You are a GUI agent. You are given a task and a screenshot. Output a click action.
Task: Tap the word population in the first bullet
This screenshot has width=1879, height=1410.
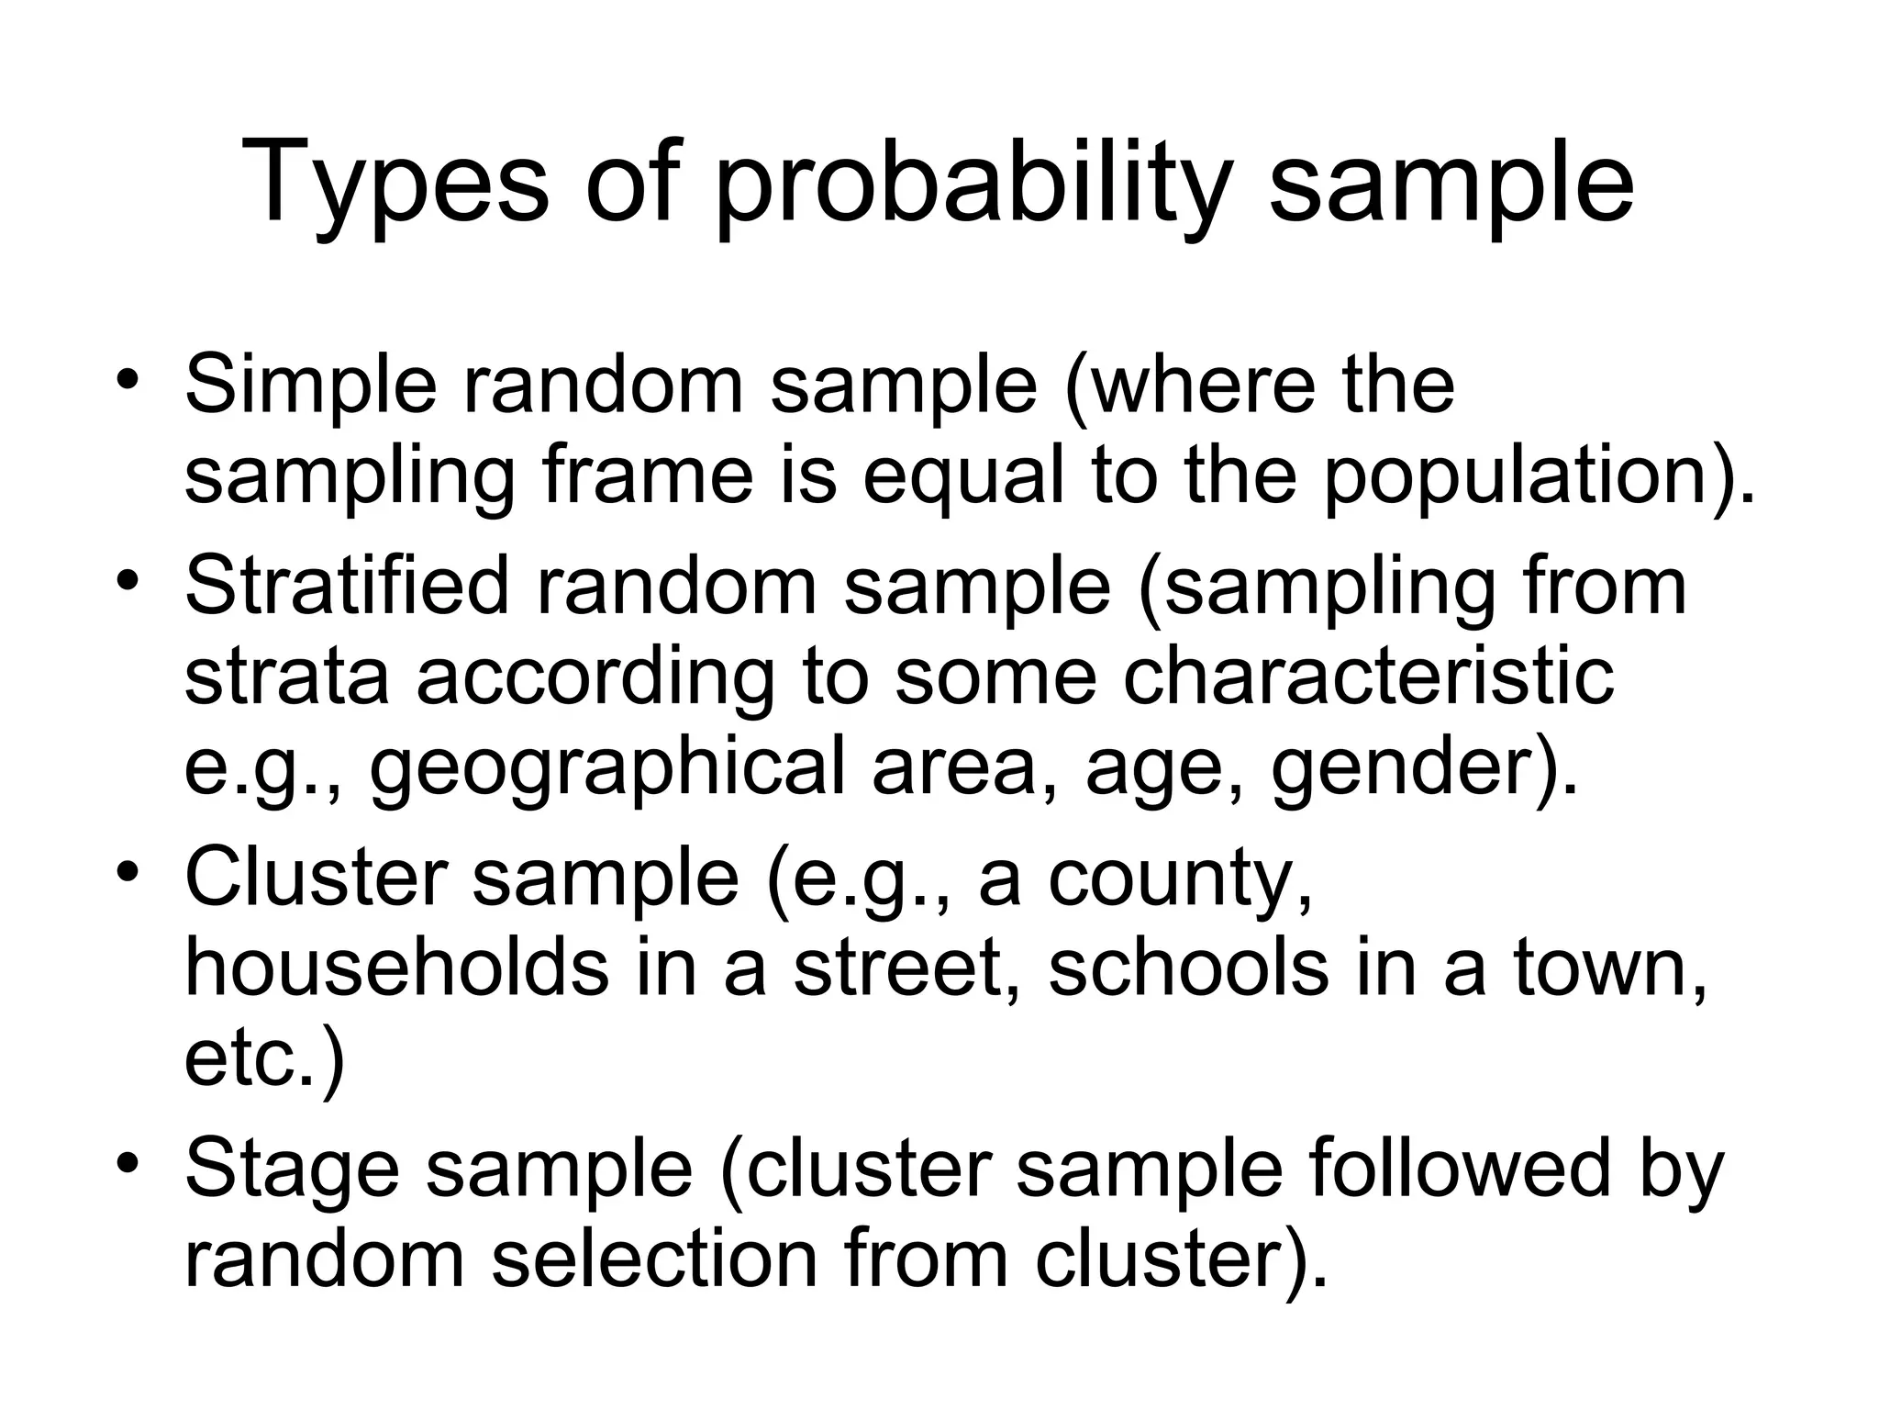(x=1524, y=477)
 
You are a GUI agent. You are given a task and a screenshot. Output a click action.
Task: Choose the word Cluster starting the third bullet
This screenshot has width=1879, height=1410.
(x=317, y=878)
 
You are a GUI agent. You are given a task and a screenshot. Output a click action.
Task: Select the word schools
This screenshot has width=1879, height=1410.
(x=1187, y=968)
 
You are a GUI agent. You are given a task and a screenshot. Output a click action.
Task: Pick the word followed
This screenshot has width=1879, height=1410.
(x=1460, y=1168)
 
